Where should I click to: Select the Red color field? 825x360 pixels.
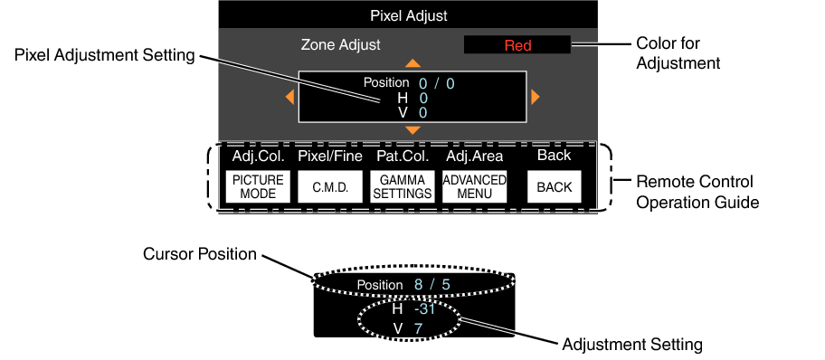[x=517, y=45]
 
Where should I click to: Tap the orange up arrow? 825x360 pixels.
[x=412, y=64]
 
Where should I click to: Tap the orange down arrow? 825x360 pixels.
[x=412, y=131]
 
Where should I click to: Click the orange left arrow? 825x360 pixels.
[x=289, y=97]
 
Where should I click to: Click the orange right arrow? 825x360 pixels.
[x=536, y=97]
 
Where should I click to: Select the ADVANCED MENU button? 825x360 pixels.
[x=474, y=186]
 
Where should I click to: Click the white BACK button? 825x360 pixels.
[x=554, y=186]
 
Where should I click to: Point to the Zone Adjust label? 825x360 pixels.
[x=341, y=43]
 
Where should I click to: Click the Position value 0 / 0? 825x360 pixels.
[x=437, y=83]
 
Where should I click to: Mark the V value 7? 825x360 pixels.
[x=419, y=327]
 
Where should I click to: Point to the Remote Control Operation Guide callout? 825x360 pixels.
[x=696, y=192]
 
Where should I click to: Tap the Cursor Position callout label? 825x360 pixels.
[x=199, y=253]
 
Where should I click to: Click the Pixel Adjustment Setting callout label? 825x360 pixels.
[x=105, y=55]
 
